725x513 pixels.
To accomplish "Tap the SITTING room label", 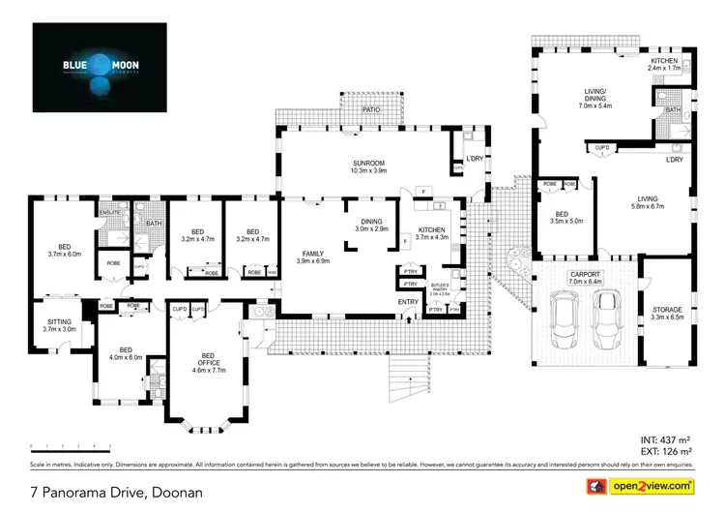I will point(60,324).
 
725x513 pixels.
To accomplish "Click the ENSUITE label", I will point(107,213).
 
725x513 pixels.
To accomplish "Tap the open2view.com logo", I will point(648,485).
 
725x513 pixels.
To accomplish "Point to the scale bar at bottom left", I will point(70,446).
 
